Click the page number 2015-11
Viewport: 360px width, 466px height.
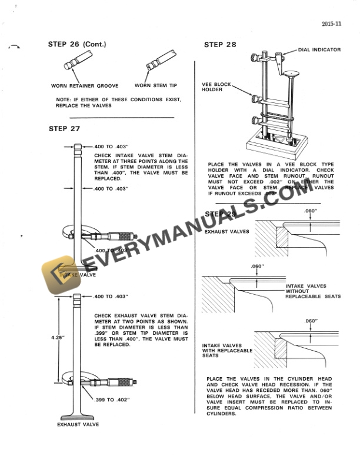click(x=332, y=24)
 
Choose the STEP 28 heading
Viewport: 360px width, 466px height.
click(x=220, y=45)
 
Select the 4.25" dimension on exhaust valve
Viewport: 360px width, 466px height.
click(x=56, y=337)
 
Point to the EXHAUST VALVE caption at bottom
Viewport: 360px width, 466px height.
click(x=78, y=424)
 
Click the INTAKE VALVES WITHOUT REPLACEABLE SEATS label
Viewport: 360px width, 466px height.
click(x=312, y=291)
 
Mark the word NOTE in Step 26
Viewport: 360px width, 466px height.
click(x=63, y=100)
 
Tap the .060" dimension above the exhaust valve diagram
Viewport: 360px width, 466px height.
click(x=311, y=211)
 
